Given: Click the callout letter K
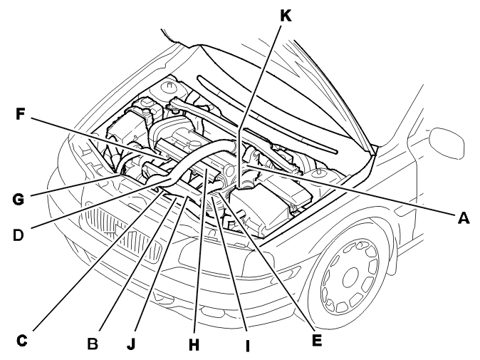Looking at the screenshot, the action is pos(286,16).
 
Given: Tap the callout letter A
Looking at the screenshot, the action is pos(464,218).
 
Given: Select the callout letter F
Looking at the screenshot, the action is pos(20,114).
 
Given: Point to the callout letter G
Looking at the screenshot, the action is pos(19,199).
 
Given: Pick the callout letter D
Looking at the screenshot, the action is pos(19,235).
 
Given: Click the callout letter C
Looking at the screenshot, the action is pos(21,340).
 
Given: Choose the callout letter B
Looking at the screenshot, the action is pos(93,344).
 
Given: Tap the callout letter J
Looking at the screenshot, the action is pos(131,344).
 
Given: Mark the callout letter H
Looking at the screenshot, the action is pos(194,344).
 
